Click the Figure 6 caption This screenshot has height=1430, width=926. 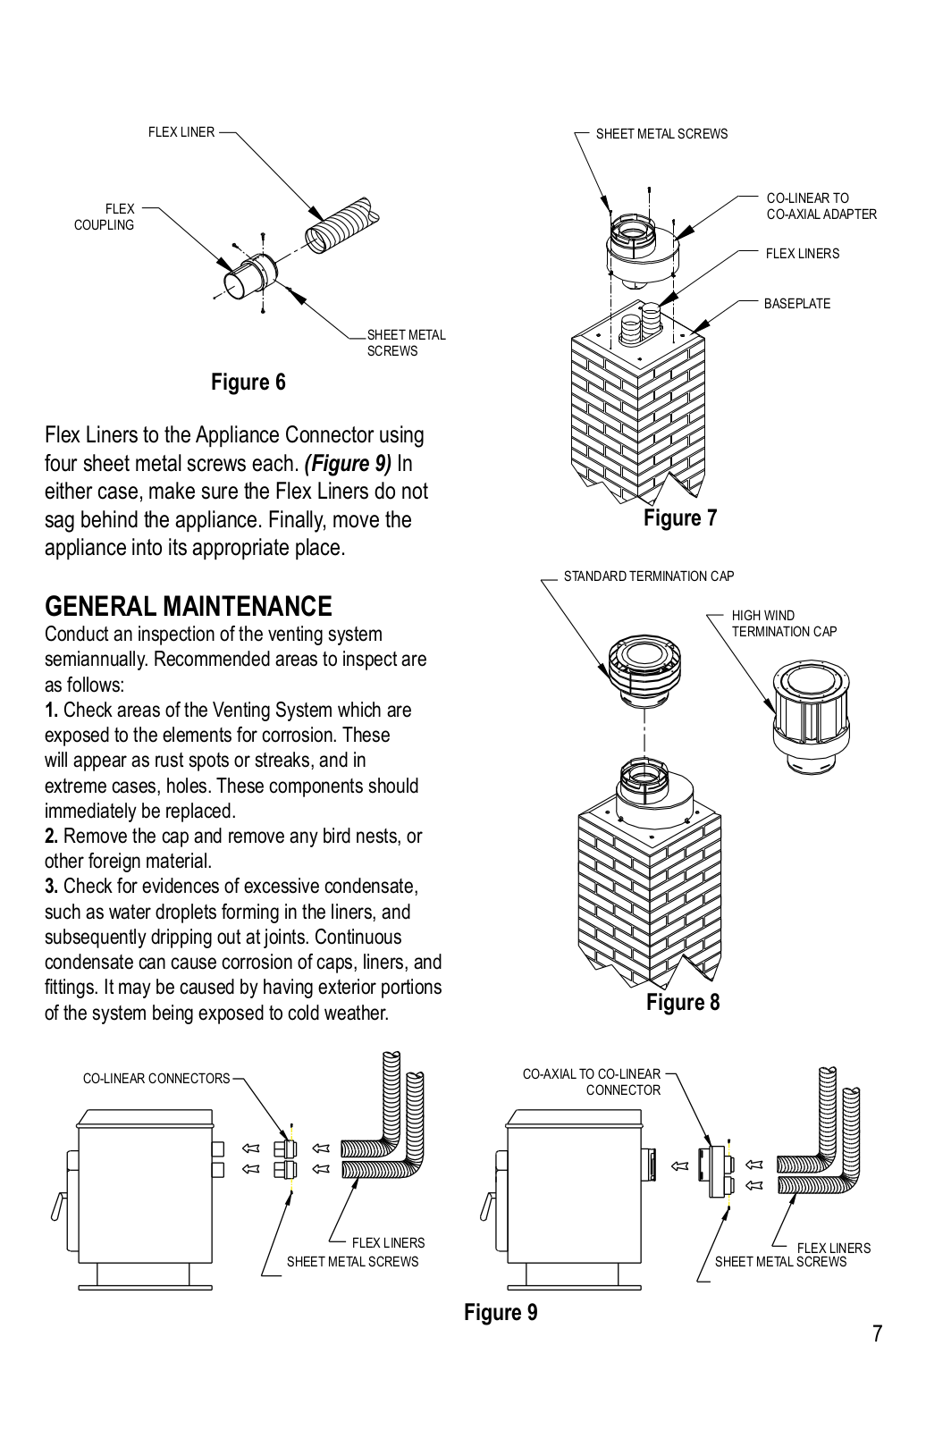pos(248,383)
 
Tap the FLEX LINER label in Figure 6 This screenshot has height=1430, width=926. pos(181,132)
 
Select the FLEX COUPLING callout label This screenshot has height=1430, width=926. pos(104,217)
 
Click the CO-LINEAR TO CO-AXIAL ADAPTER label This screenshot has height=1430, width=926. pos(821,206)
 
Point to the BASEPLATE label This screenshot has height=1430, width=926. pos(796,304)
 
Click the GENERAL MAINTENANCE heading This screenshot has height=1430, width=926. pos(188,607)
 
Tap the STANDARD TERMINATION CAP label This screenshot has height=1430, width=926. pos(648,576)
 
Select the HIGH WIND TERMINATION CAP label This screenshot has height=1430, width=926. pos(784,624)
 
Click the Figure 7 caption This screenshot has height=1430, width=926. pos(679,518)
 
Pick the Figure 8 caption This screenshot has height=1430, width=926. pos(682,1003)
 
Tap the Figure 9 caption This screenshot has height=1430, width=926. pos(501,1312)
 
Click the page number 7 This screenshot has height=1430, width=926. pos(877,1334)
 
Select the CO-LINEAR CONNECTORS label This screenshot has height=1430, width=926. pos(156,1079)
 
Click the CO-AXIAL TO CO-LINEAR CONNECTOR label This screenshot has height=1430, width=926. pos(592,1082)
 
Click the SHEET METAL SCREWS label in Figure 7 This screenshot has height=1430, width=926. pos(661,134)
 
